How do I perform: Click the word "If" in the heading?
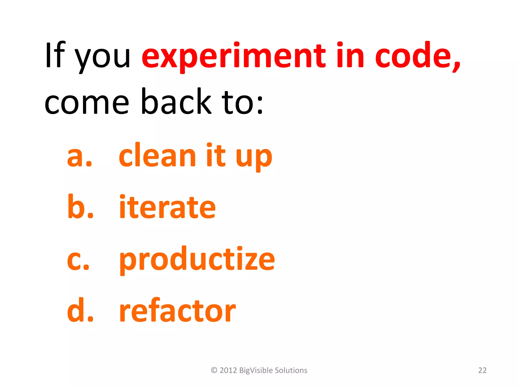[55, 55]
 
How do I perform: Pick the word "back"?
[176, 101]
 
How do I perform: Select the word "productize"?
[197, 260]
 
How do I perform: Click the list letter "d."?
[80, 310]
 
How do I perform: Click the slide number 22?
[482, 370]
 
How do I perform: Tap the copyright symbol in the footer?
[214, 370]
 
